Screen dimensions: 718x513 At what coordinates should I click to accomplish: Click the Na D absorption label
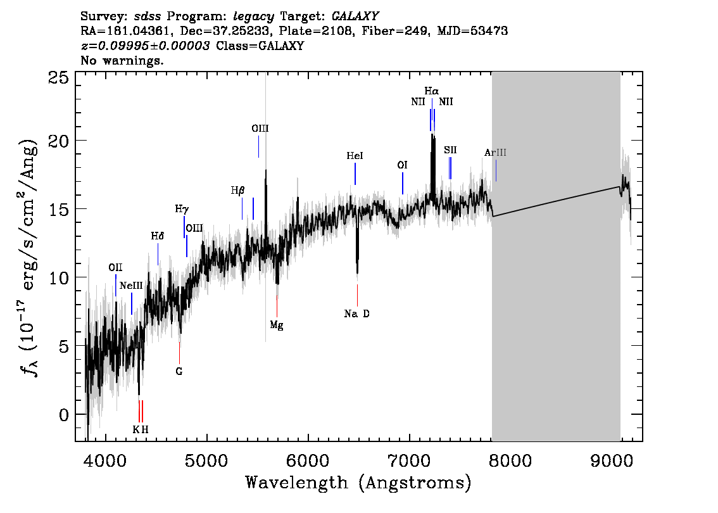tap(356, 313)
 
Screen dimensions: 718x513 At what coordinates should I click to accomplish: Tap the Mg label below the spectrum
tap(277, 325)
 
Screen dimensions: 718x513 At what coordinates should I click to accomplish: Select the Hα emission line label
tap(431, 91)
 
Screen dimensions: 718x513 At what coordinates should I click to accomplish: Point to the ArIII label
tap(496, 153)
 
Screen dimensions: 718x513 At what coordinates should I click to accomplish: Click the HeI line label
tap(355, 156)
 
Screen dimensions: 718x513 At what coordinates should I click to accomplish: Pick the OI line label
tap(403, 165)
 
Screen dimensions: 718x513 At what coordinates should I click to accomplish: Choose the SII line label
tap(450, 149)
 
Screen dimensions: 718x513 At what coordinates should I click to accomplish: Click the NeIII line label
tap(132, 286)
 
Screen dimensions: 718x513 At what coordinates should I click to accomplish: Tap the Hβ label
tap(237, 191)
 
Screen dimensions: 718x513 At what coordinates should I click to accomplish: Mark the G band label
tap(179, 372)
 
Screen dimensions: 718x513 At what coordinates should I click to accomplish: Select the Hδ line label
tap(158, 236)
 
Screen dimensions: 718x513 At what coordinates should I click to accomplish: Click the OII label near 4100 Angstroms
tap(115, 267)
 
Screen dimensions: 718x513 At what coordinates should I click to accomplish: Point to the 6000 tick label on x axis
tap(308, 460)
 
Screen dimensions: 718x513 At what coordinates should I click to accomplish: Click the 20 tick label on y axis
tap(58, 141)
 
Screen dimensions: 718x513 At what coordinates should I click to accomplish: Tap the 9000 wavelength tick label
tap(612, 460)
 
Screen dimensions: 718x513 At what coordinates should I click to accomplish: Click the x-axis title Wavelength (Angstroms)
tap(358, 483)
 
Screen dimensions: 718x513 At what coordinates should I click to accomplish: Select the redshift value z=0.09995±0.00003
tap(145, 46)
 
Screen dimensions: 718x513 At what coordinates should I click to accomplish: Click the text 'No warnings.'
tap(122, 60)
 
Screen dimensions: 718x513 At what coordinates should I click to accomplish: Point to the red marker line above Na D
tap(357, 295)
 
